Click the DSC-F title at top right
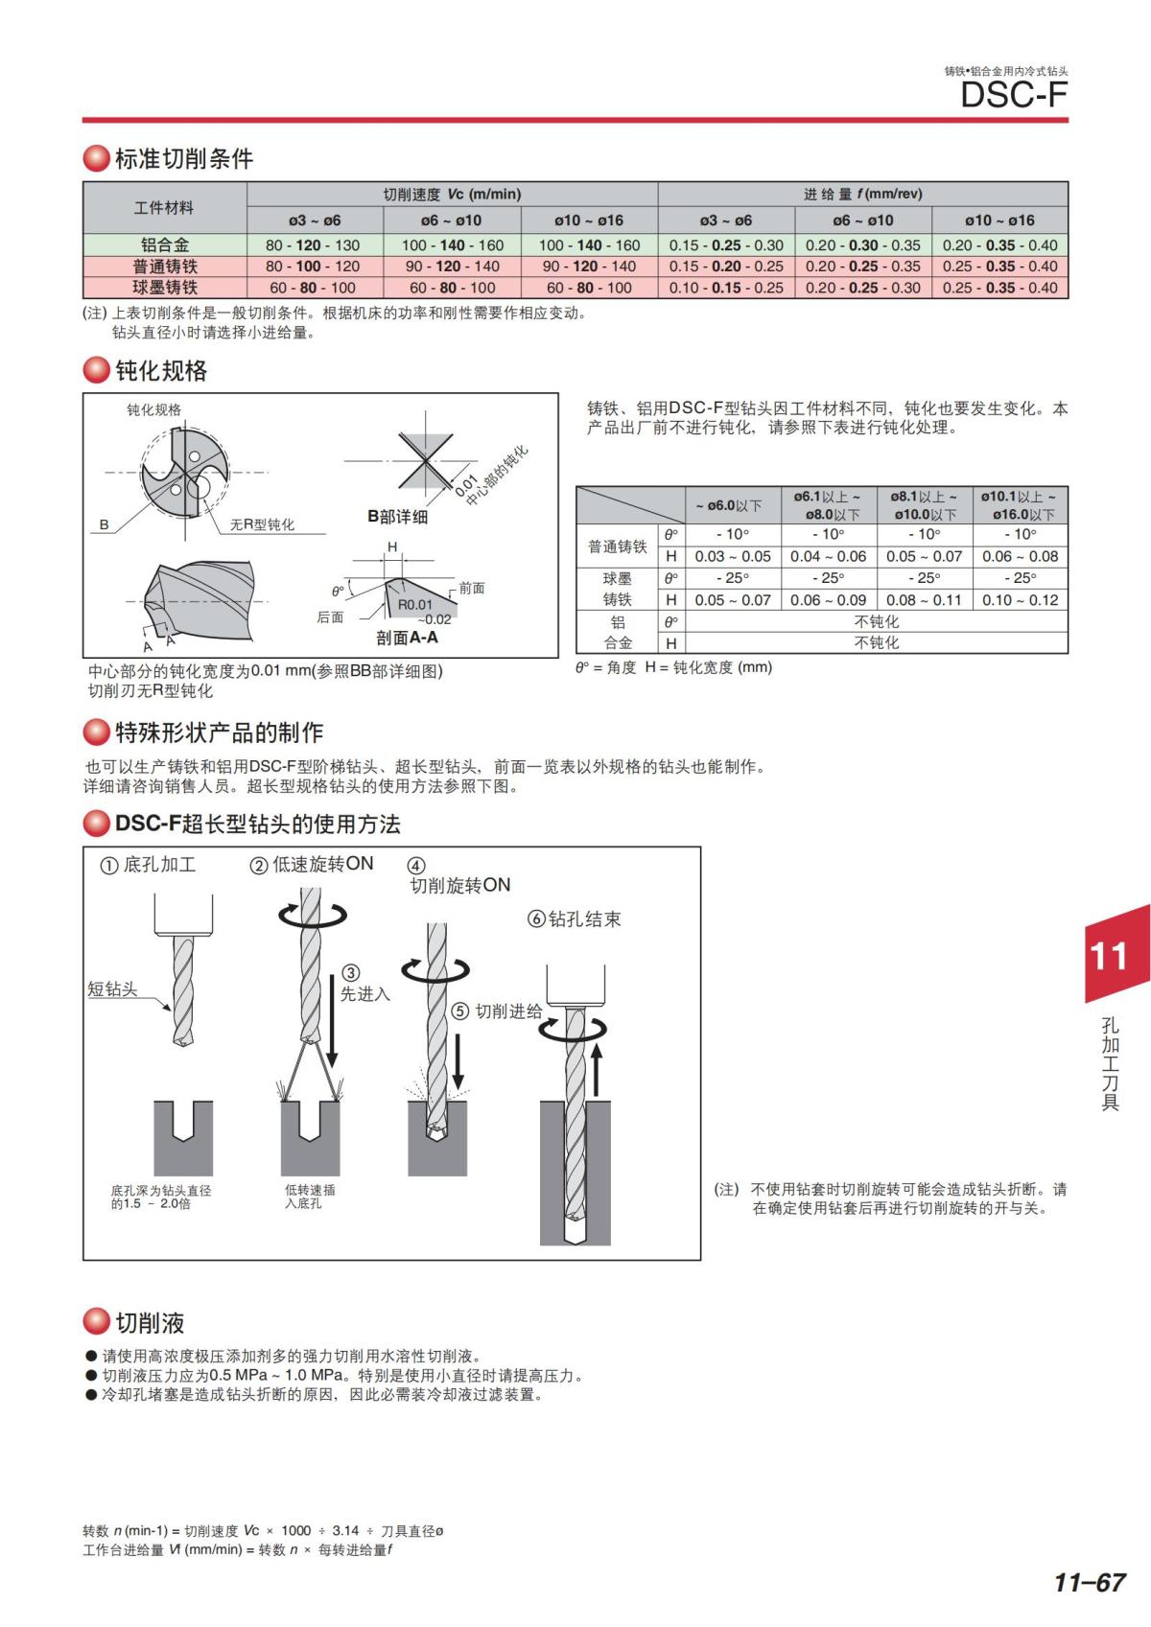click(x=1014, y=95)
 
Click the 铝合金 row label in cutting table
click(x=165, y=244)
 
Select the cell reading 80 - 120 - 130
click(x=313, y=245)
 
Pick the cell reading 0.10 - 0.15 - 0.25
click(x=726, y=288)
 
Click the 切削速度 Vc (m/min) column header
click(x=452, y=194)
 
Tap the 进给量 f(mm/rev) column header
click(x=862, y=194)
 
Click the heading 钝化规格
click(x=161, y=371)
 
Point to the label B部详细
click(x=397, y=517)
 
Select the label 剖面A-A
click(x=407, y=638)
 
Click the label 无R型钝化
click(x=262, y=524)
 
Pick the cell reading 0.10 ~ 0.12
click(x=1020, y=600)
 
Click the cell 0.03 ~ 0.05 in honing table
click(x=733, y=556)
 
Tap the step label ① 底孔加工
click(x=149, y=865)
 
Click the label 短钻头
click(x=112, y=989)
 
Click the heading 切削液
click(x=150, y=1323)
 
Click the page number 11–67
click(x=1089, y=1582)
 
